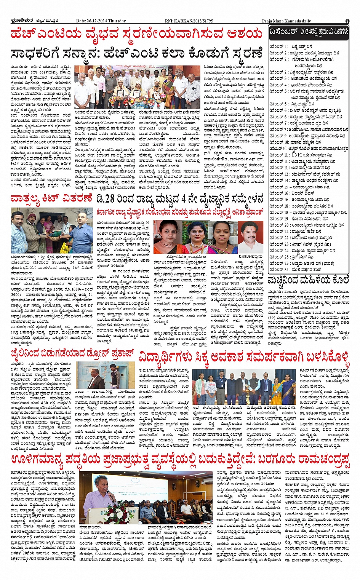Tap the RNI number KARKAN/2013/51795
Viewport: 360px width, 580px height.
point(194,21)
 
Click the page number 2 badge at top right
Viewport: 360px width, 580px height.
point(347,21)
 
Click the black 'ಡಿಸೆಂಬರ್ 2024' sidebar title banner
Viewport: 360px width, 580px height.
point(308,32)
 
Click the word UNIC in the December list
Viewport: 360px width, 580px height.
point(297,155)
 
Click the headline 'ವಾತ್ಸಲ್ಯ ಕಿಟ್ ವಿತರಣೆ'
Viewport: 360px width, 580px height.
point(51,198)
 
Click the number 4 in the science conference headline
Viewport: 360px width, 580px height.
point(184,198)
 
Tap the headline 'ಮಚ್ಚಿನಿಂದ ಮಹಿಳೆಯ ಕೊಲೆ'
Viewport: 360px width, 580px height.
point(308,280)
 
